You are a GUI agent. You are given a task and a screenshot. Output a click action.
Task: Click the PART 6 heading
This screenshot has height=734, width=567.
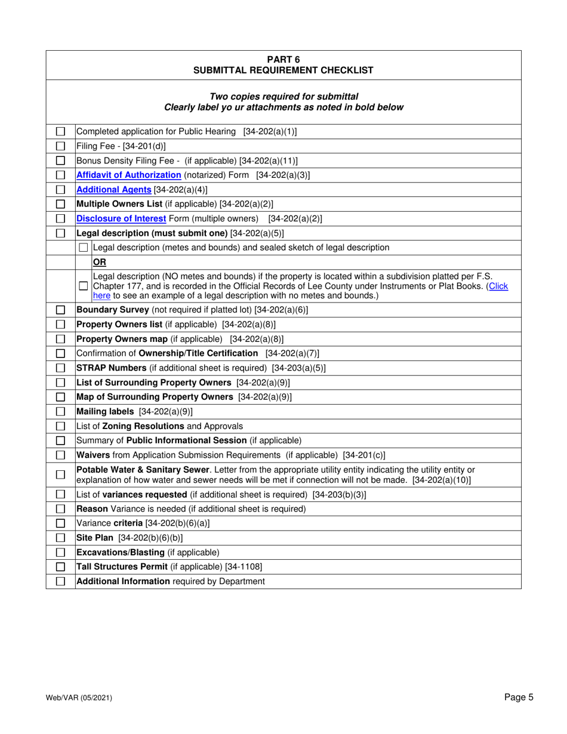click(283, 59)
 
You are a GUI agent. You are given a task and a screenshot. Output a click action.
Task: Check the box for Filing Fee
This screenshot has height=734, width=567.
click(60, 146)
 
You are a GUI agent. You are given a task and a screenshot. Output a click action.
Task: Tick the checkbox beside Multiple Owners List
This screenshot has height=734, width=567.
click(60, 204)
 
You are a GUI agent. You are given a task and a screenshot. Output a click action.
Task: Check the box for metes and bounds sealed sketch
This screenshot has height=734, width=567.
click(84, 248)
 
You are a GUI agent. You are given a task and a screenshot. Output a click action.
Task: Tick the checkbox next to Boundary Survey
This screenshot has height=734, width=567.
click(60, 310)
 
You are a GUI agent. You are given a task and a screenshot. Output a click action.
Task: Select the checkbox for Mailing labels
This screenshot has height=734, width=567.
click(60, 411)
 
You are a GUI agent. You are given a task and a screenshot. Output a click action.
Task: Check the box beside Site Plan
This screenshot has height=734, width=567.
click(60, 538)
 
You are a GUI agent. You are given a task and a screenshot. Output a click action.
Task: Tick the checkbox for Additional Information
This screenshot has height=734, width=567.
click(60, 581)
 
